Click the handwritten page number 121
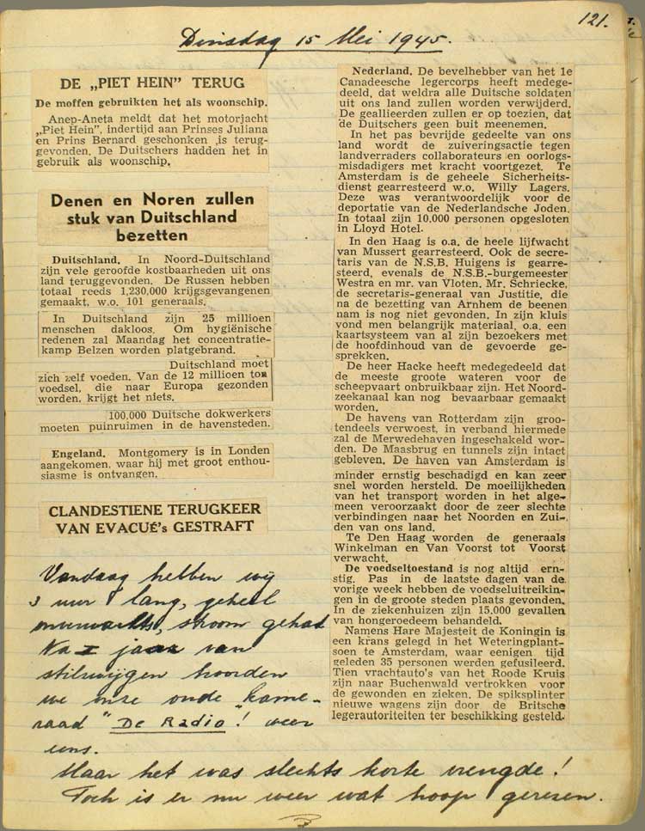(x=594, y=18)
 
